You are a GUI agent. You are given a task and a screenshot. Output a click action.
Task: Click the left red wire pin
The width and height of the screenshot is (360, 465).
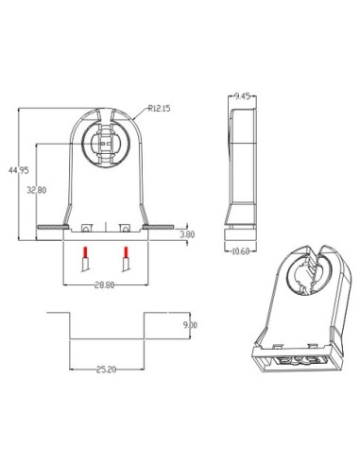[85, 254]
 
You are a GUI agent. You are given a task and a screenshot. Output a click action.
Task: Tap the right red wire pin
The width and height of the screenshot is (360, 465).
[125, 254]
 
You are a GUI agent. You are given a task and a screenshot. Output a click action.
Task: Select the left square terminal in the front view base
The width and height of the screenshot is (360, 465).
[84, 228]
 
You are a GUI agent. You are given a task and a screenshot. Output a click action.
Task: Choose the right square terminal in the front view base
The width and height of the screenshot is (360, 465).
[124, 228]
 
